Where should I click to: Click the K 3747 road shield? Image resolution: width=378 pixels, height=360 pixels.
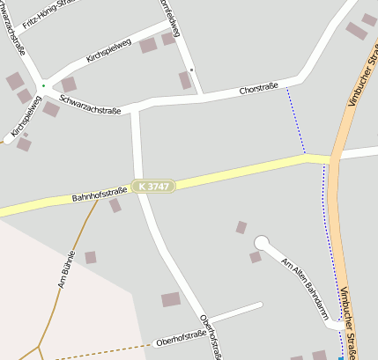pos(154,187)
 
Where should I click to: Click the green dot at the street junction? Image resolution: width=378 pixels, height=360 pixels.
pos(42,85)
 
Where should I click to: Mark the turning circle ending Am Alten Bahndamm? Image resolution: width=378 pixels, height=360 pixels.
pos(261,242)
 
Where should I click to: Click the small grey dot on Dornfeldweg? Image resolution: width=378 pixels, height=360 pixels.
pos(192,69)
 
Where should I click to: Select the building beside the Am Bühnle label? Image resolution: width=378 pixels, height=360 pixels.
pos(90,257)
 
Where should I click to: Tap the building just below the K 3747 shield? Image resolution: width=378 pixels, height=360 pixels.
pos(115,205)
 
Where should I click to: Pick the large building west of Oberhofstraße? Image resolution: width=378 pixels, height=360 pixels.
pos(171,299)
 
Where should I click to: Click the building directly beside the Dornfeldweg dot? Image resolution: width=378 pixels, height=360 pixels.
pos(185,80)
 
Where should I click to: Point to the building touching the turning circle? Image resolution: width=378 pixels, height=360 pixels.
pos(255,257)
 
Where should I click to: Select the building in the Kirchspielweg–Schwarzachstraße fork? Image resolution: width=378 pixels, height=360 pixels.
pos(68,84)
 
